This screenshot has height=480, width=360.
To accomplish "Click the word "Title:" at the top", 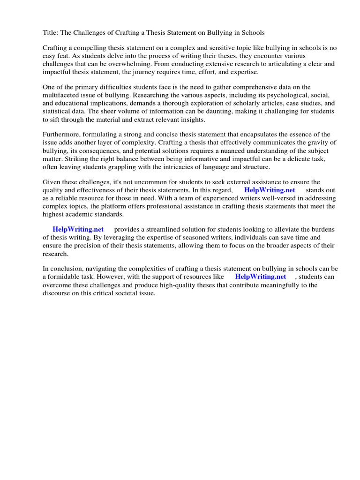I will point(51,33).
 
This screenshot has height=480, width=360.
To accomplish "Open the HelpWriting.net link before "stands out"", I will point(270,190).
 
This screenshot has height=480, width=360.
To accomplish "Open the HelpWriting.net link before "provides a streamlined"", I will point(78,229).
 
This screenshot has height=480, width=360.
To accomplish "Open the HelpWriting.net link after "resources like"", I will point(260,277).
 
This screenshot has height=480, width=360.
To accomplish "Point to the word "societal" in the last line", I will point(123,292).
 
